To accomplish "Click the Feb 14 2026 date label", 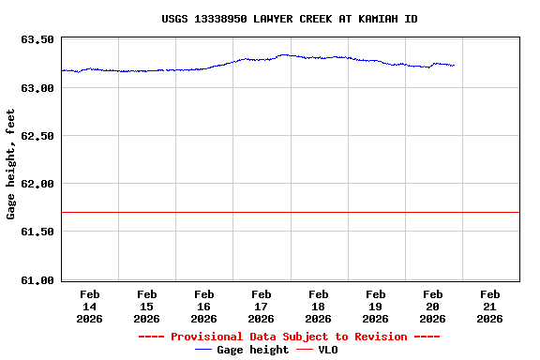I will (90, 307).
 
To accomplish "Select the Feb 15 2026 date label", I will (147, 307).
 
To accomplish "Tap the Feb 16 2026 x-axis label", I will (204, 307).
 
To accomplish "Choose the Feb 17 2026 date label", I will (262, 307).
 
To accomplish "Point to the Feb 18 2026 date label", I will (319, 307).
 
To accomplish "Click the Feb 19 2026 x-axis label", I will (376, 307).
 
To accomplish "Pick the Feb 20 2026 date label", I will (433, 307).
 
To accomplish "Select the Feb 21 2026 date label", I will (490, 307).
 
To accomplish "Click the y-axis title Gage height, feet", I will (11, 164).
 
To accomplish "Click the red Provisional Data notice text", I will (289, 337).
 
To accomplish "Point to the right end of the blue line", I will (454, 66).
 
